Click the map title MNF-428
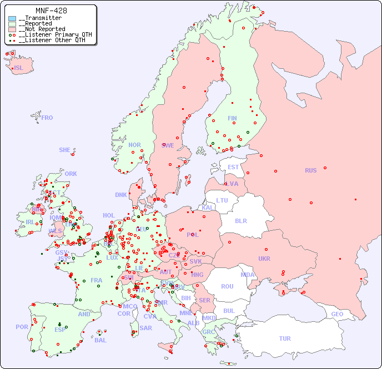tap(51, 11)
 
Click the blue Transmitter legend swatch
tap(12, 18)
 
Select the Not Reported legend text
tap(44, 29)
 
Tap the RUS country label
tap(310, 170)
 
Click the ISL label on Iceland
tap(18, 68)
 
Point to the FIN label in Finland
tap(232, 118)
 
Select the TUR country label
tap(285, 338)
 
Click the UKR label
tap(264, 259)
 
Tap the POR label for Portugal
tap(22, 327)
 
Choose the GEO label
tap(337, 314)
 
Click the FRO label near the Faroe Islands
tap(47, 118)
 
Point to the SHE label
tap(64, 150)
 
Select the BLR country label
tap(240, 220)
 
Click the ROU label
tap(227, 286)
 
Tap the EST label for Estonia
tap(233, 167)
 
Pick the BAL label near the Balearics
tap(100, 340)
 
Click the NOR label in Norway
tap(134, 145)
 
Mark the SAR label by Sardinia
tap(145, 328)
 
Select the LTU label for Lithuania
tap(222, 200)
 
